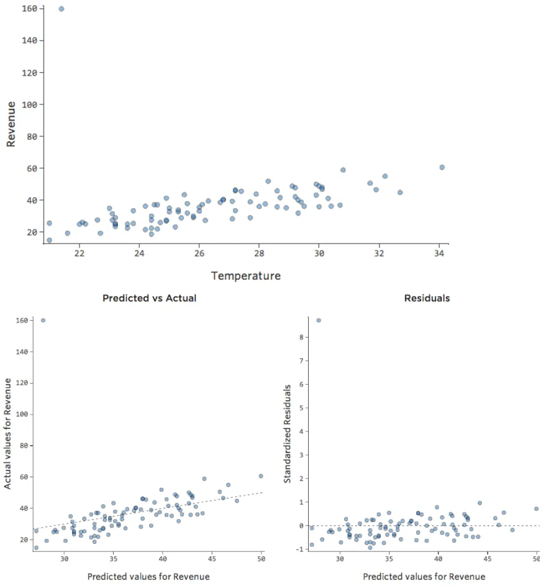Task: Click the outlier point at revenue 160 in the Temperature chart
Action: pyautogui.click(x=61, y=9)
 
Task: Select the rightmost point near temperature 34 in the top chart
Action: pyautogui.click(x=442, y=167)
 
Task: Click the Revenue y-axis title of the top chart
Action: pyautogui.click(x=11, y=124)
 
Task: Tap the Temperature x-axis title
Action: pyautogui.click(x=245, y=275)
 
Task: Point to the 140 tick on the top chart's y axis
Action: pyautogui.click(x=29, y=40)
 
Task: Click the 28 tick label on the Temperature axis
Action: pyautogui.click(x=259, y=254)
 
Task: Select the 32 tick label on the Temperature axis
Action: pyautogui.click(x=379, y=254)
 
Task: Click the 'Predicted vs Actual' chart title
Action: pyautogui.click(x=149, y=298)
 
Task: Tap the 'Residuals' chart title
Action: pyautogui.click(x=427, y=298)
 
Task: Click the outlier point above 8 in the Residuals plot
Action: pyautogui.click(x=319, y=320)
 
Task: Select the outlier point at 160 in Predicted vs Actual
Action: pyautogui.click(x=43, y=320)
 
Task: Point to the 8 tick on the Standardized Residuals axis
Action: pyautogui.click(x=301, y=338)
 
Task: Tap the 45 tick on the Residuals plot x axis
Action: pyautogui.click(x=488, y=559)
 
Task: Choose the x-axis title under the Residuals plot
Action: pyautogui.click(x=424, y=577)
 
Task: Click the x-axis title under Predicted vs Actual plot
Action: pyautogui.click(x=148, y=577)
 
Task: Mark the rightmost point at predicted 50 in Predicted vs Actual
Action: pyautogui.click(x=261, y=476)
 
